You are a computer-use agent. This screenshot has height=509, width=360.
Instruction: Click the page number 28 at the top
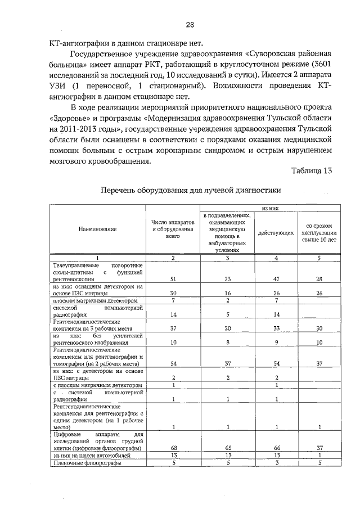coord(190,25)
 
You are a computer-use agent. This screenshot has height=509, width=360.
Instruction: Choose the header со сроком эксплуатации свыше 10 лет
coord(318,232)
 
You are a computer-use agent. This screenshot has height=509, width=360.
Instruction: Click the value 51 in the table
coord(173,278)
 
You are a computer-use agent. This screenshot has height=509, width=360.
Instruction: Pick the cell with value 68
coord(173,447)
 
